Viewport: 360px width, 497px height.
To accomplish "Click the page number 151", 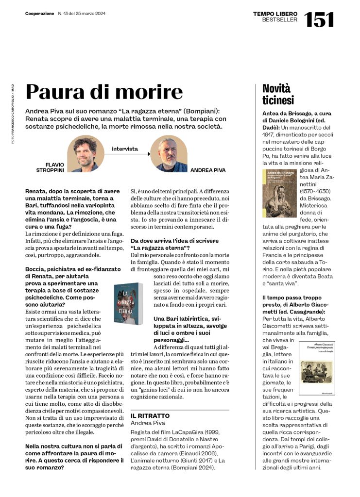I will click(x=319, y=19).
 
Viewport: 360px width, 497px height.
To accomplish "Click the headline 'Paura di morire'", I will click(x=104, y=91).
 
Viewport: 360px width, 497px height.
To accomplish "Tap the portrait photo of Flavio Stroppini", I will click(x=86, y=153).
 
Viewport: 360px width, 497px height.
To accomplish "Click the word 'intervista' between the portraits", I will click(x=125, y=149).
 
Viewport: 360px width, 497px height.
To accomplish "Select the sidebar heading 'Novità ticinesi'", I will click(x=278, y=95).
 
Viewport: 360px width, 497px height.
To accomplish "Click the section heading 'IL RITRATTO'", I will click(x=150, y=416).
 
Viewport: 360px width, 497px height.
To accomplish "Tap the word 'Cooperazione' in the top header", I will click(x=40, y=14).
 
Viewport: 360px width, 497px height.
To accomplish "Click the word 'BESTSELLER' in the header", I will click(x=279, y=20).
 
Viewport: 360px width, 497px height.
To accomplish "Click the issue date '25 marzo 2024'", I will click(x=89, y=14).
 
